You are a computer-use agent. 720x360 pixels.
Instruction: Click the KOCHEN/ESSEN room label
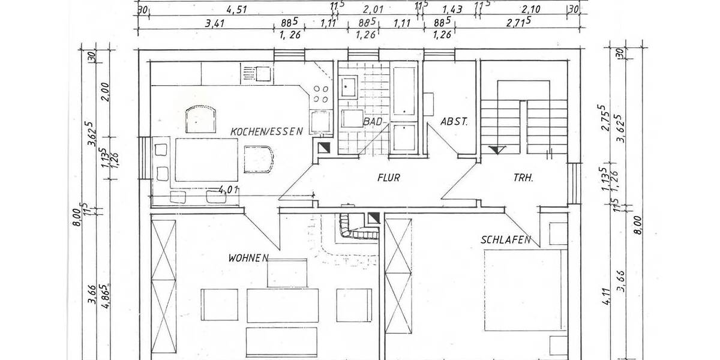[x=267, y=131]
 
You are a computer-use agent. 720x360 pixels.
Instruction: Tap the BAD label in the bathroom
[x=372, y=121]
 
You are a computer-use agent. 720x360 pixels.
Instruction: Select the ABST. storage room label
[x=454, y=121]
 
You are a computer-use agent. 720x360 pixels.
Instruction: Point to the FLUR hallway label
[x=388, y=178]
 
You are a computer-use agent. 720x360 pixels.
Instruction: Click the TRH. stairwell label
[x=524, y=178]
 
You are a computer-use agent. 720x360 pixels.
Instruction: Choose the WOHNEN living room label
[x=247, y=258]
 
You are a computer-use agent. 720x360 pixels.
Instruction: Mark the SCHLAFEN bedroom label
[x=506, y=240]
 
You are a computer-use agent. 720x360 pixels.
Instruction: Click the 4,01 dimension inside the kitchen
[x=229, y=190]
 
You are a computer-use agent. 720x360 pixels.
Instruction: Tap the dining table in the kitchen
[x=205, y=159]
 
